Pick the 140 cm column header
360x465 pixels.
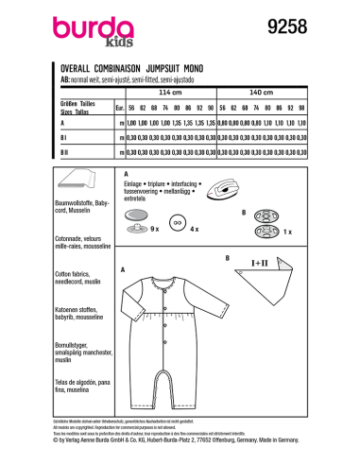[x=260, y=94]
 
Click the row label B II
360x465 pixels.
[x=64, y=151]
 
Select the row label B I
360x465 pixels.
[x=63, y=136]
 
